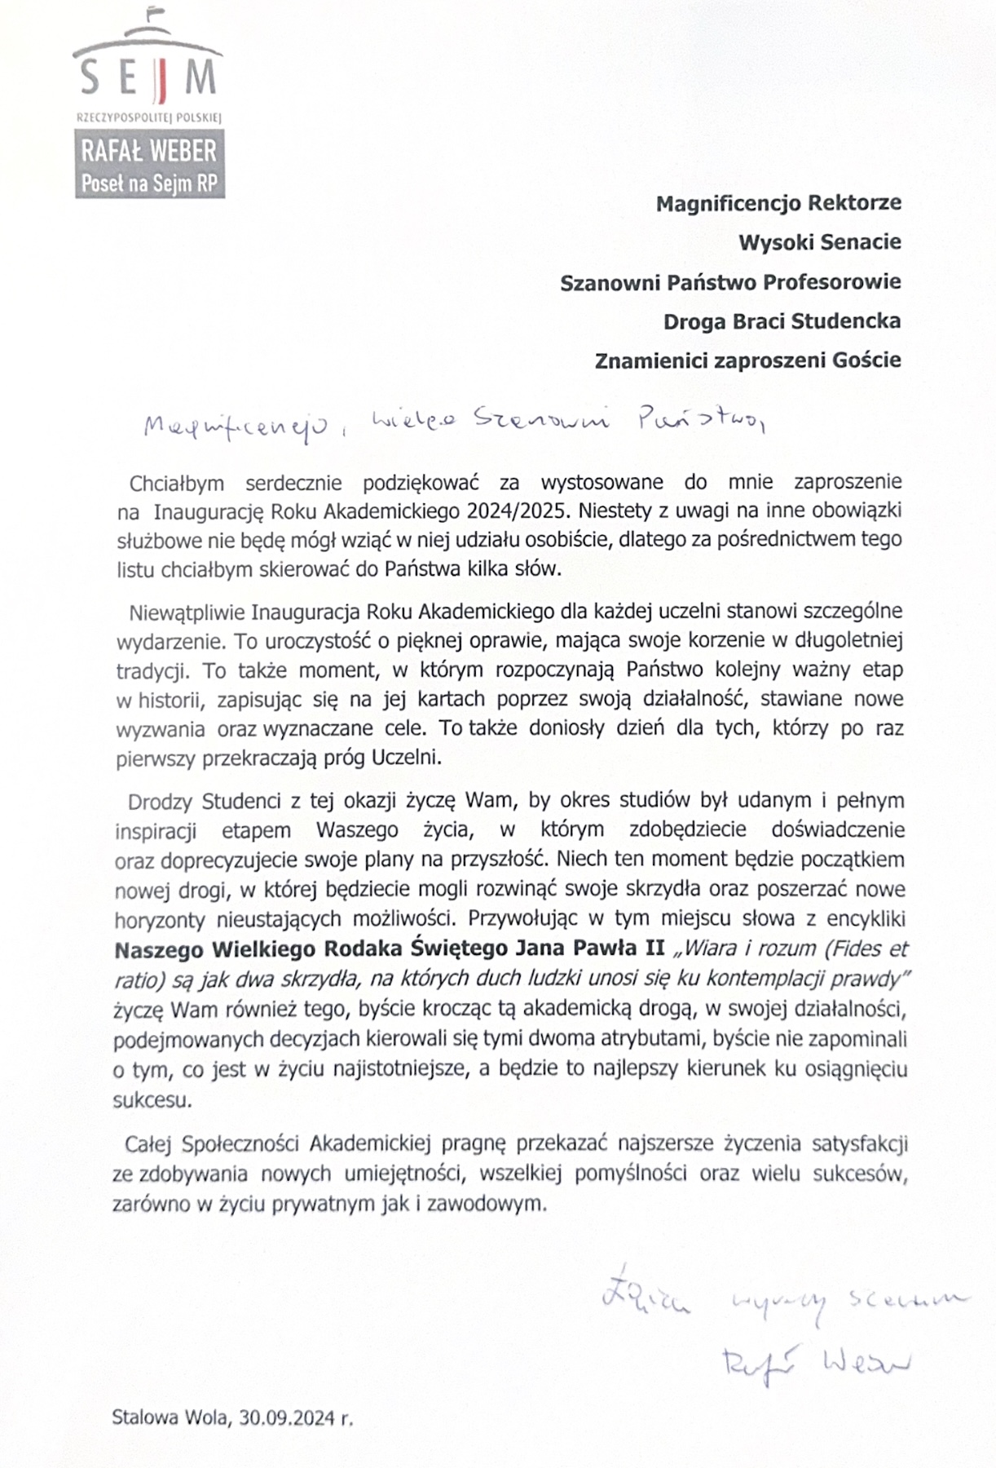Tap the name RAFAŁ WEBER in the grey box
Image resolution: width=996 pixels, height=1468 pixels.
coord(148,152)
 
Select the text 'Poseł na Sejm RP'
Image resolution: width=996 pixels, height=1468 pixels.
coord(149,183)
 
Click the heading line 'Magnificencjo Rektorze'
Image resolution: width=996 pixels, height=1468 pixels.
coord(778,202)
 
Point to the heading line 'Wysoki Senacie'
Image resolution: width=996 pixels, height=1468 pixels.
coord(819,241)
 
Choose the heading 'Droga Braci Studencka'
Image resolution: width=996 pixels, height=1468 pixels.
coord(782,321)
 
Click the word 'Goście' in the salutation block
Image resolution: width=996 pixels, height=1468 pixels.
coord(869,360)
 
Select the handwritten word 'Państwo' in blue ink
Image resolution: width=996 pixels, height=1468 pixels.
coord(699,421)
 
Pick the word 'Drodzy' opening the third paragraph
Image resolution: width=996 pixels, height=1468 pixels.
coord(161,800)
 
